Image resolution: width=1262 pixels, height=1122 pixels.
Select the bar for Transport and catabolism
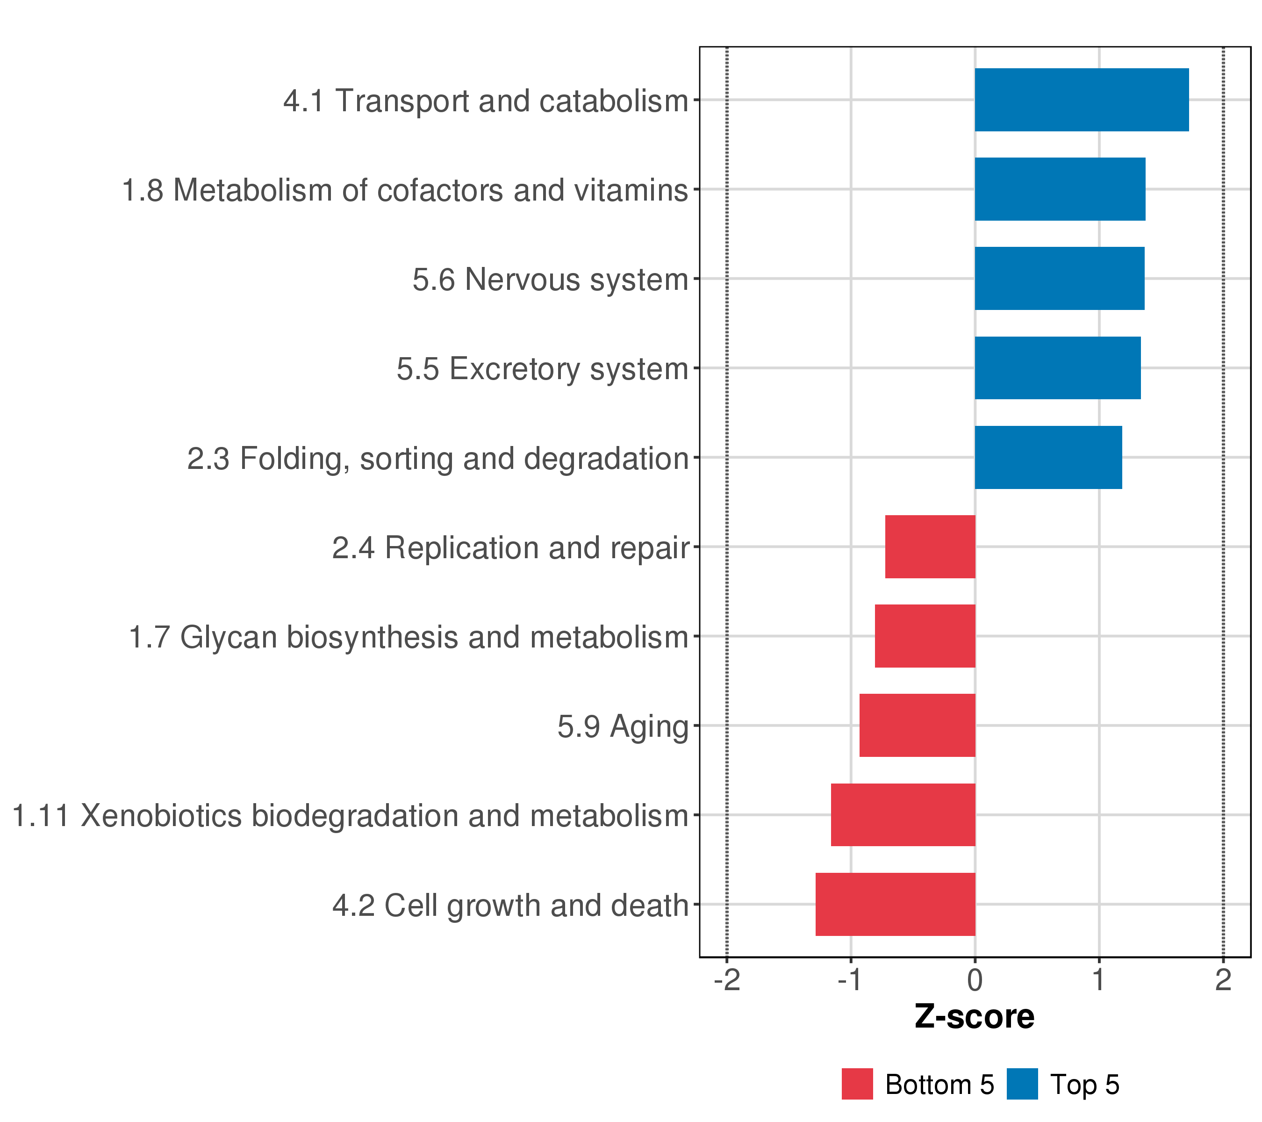click(x=1082, y=100)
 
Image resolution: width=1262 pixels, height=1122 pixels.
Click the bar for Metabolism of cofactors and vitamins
click(x=1060, y=189)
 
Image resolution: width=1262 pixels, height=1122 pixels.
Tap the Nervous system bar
click(x=1060, y=279)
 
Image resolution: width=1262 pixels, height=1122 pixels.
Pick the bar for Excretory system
click(x=1058, y=368)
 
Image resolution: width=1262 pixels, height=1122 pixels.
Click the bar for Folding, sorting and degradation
click(x=1048, y=458)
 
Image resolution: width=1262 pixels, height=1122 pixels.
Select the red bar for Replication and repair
click(x=931, y=547)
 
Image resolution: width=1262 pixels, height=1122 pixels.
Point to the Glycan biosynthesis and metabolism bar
click(x=925, y=636)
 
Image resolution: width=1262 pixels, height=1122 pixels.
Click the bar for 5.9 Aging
click(x=918, y=726)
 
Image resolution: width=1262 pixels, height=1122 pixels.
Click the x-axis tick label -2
click(x=727, y=980)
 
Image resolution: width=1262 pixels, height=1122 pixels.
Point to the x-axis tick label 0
click(x=975, y=980)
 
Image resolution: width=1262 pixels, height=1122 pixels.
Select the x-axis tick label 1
click(x=1099, y=980)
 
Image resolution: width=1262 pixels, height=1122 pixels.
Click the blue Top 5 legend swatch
click(x=1022, y=1084)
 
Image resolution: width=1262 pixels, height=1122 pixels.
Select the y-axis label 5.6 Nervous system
click(x=551, y=280)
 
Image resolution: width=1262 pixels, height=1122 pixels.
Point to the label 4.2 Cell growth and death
click(x=510, y=906)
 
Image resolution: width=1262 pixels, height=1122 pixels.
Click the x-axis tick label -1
click(x=851, y=980)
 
